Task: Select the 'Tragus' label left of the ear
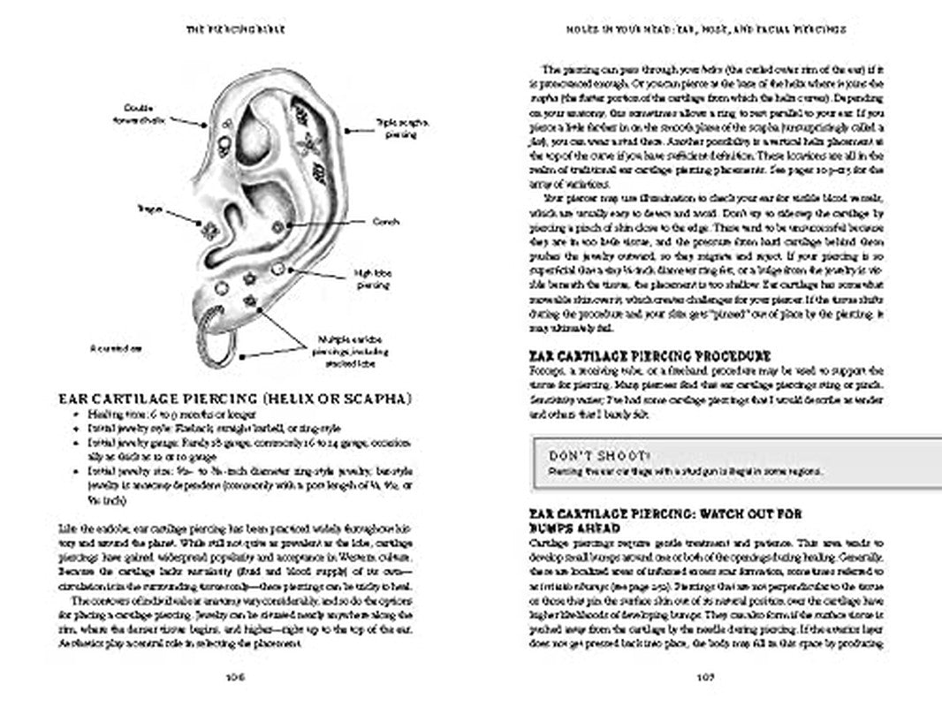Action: point(147,209)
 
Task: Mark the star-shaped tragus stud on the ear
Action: point(210,231)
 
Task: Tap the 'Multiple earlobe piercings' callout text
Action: point(346,346)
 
